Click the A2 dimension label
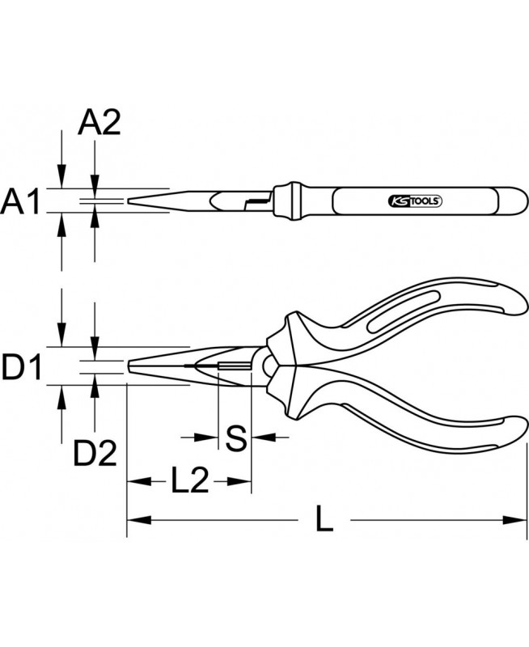(x=99, y=123)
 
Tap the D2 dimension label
(x=95, y=453)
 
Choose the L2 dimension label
(x=189, y=480)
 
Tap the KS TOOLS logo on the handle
(x=415, y=201)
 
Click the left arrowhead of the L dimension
(x=139, y=520)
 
